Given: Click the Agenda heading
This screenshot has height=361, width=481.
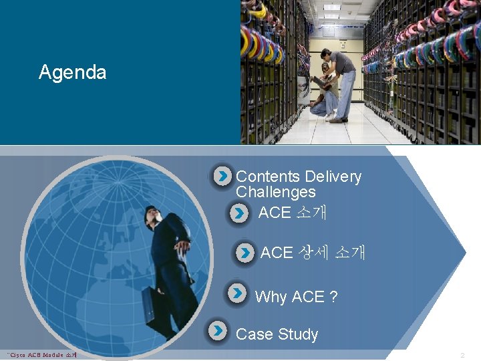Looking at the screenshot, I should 72,72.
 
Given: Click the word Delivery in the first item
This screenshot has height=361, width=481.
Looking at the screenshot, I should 333,177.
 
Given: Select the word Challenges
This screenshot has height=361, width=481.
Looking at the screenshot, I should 275,193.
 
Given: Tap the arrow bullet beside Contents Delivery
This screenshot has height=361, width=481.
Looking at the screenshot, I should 222,176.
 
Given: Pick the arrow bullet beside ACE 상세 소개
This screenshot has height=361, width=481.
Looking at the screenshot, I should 246,253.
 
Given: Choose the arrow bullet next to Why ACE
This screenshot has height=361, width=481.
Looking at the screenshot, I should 237,293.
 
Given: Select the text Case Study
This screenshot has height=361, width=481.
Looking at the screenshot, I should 277,334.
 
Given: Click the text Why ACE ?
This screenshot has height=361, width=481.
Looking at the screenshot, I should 296,297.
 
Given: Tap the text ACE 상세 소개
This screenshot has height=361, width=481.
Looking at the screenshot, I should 312,253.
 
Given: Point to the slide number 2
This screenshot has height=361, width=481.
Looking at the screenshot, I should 462,354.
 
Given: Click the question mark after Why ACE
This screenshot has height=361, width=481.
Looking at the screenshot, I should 333,297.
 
